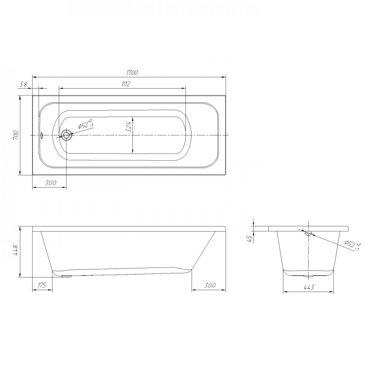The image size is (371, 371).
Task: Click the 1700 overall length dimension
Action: (x=132, y=73)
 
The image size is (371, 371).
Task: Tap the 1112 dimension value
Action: (x=126, y=84)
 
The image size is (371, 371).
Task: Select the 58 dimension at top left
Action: (x=23, y=84)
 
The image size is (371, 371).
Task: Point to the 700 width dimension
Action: (x=16, y=135)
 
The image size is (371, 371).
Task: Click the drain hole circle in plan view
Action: (x=66, y=135)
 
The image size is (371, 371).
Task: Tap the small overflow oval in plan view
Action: (x=42, y=135)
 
